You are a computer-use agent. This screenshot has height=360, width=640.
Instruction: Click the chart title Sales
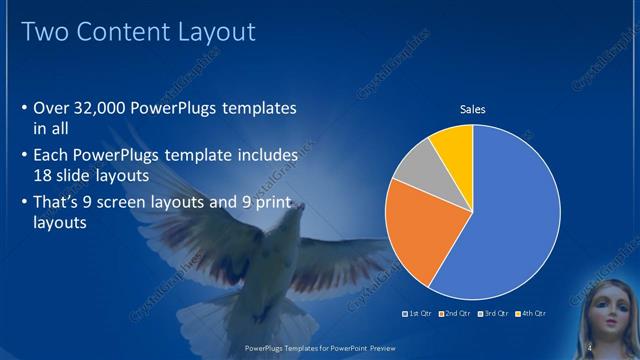(x=472, y=109)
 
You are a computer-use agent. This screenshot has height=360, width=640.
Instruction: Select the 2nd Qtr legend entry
(x=456, y=314)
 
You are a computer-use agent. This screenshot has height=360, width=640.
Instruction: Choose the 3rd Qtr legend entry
(x=495, y=314)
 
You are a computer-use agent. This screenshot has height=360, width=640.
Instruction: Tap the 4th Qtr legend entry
(x=531, y=314)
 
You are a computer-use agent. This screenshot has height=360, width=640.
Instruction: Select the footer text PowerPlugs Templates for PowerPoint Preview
(x=320, y=349)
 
